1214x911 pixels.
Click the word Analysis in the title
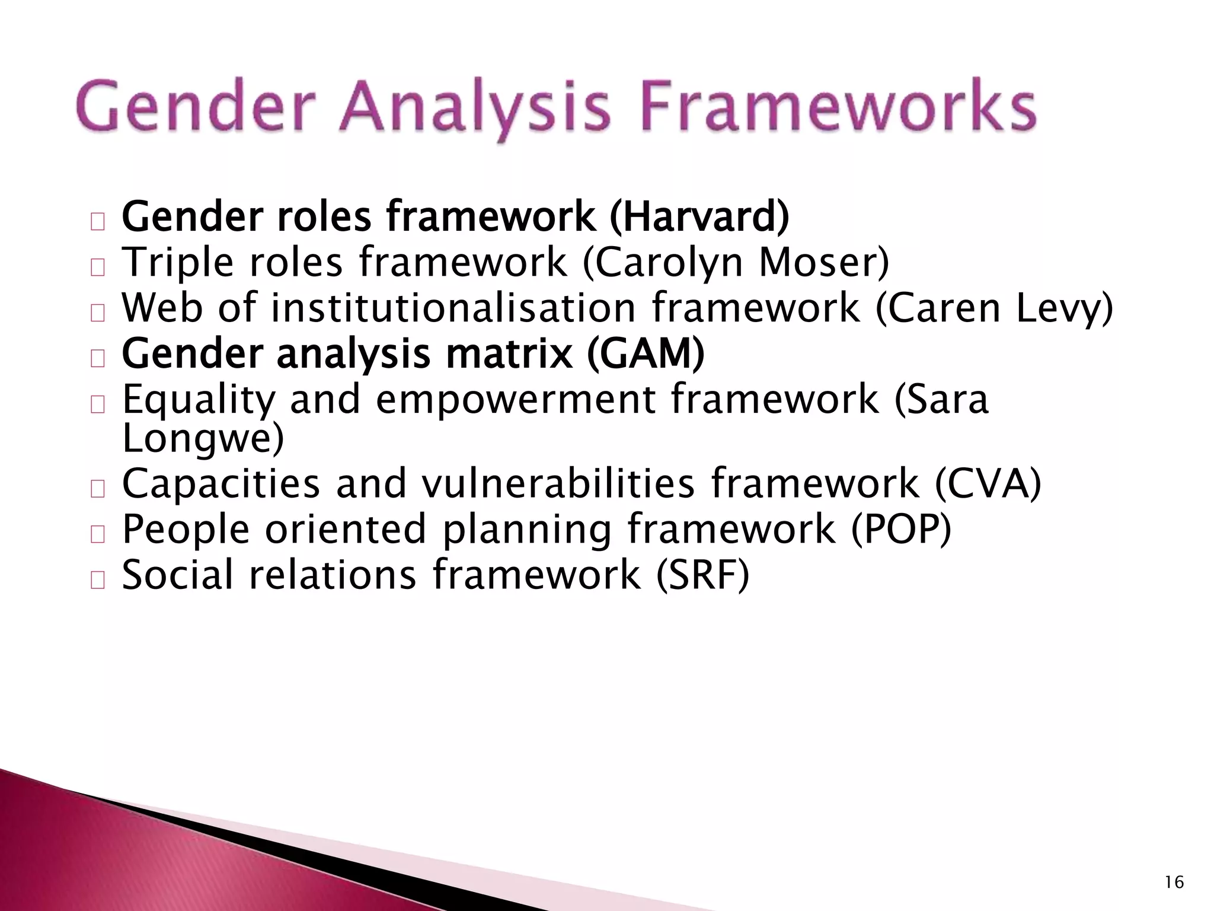tap(474, 109)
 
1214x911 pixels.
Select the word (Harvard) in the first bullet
tap(699, 217)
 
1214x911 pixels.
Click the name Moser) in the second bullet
tap(824, 262)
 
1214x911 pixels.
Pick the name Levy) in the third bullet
tap(1064, 308)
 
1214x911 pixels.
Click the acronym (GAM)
tap(646, 353)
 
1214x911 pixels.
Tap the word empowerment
tap(516, 400)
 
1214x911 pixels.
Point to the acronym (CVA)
tap(988, 483)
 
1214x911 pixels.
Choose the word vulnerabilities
tap(558, 483)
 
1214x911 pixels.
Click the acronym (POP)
tap(901, 529)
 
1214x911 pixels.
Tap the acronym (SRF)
tap(702, 575)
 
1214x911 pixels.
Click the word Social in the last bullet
tap(178, 575)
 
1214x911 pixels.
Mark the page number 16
tap(1174, 883)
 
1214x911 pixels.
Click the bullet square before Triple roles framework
tap(98, 267)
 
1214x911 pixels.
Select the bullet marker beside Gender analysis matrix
tap(98, 359)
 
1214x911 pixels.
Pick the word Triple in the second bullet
tap(178, 263)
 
